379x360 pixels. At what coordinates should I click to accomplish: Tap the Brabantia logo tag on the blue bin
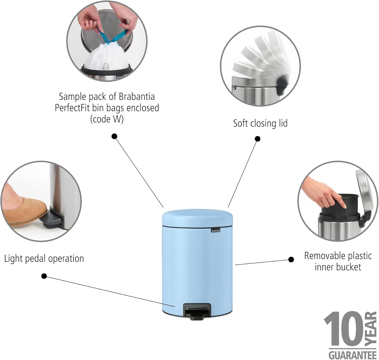click(216, 230)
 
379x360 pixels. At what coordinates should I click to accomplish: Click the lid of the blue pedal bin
click(197, 217)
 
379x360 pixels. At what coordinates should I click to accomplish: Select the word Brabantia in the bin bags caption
click(136, 97)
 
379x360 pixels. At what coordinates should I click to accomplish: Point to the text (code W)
click(107, 119)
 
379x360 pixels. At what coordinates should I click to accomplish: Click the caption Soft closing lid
click(260, 123)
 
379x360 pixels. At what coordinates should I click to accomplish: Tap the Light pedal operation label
click(44, 259)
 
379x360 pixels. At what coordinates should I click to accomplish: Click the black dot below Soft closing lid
click(257, 139)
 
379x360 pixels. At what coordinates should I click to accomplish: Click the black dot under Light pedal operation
click(44, 276)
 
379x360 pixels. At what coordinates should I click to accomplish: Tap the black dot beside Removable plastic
click(291, 259)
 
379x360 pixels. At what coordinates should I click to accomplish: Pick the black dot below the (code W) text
click(114, 137)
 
